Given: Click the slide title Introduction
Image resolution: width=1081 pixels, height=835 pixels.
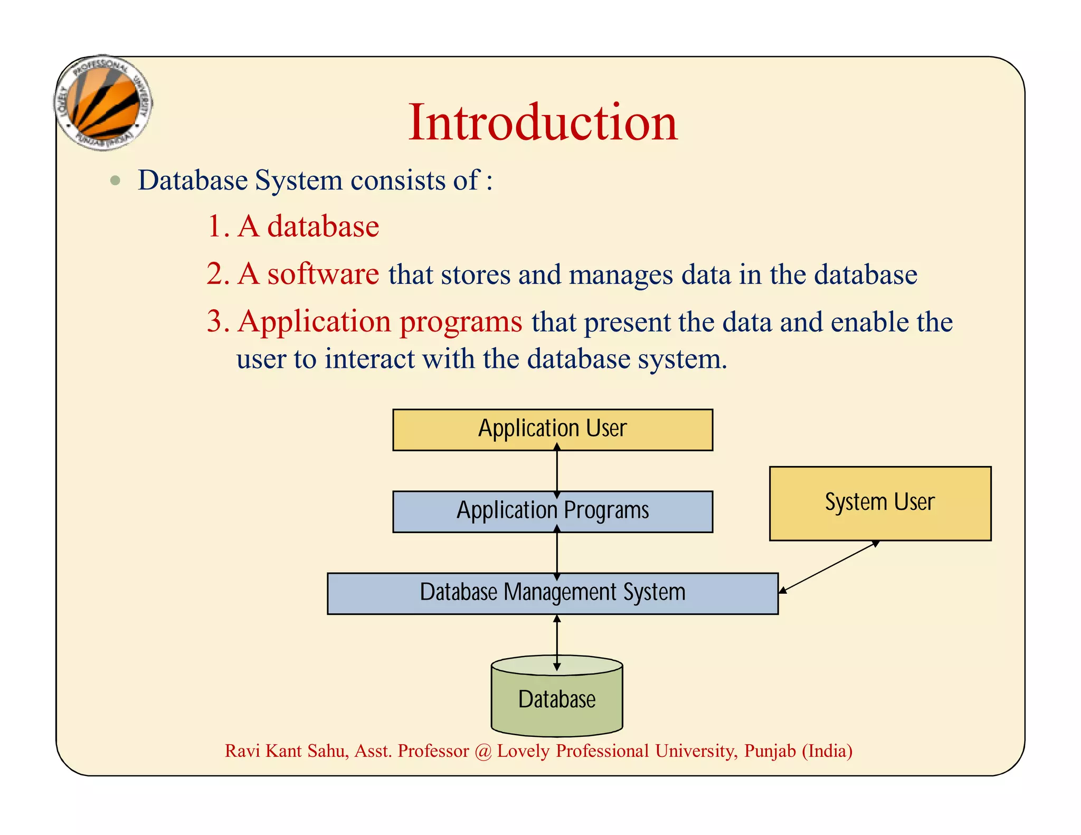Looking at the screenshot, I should click(543, 122).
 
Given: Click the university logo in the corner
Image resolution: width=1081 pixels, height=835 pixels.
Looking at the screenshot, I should click(104, 102).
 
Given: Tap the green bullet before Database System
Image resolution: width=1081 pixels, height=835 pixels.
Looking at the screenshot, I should click(115, 181).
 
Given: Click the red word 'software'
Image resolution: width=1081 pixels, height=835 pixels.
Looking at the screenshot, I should click(323, 274).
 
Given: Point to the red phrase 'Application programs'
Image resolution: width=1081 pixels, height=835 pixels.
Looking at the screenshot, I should click(380, 321).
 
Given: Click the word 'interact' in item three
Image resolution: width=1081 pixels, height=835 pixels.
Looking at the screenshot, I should click(369, 359).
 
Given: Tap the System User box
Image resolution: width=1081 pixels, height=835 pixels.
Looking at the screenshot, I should click(879, 502).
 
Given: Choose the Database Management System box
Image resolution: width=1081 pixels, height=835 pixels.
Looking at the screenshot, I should click(552, 593).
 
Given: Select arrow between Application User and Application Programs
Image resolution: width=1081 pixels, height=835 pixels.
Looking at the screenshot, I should click(557, 471).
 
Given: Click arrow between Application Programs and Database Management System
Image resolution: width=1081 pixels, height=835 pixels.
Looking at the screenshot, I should click(557, 553).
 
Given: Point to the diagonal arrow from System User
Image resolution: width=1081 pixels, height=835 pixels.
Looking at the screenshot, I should click(829, 567).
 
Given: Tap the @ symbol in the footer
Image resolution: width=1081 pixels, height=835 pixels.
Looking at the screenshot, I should click(482, 751).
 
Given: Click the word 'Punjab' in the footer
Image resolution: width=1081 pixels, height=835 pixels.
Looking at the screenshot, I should click(769, 751).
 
